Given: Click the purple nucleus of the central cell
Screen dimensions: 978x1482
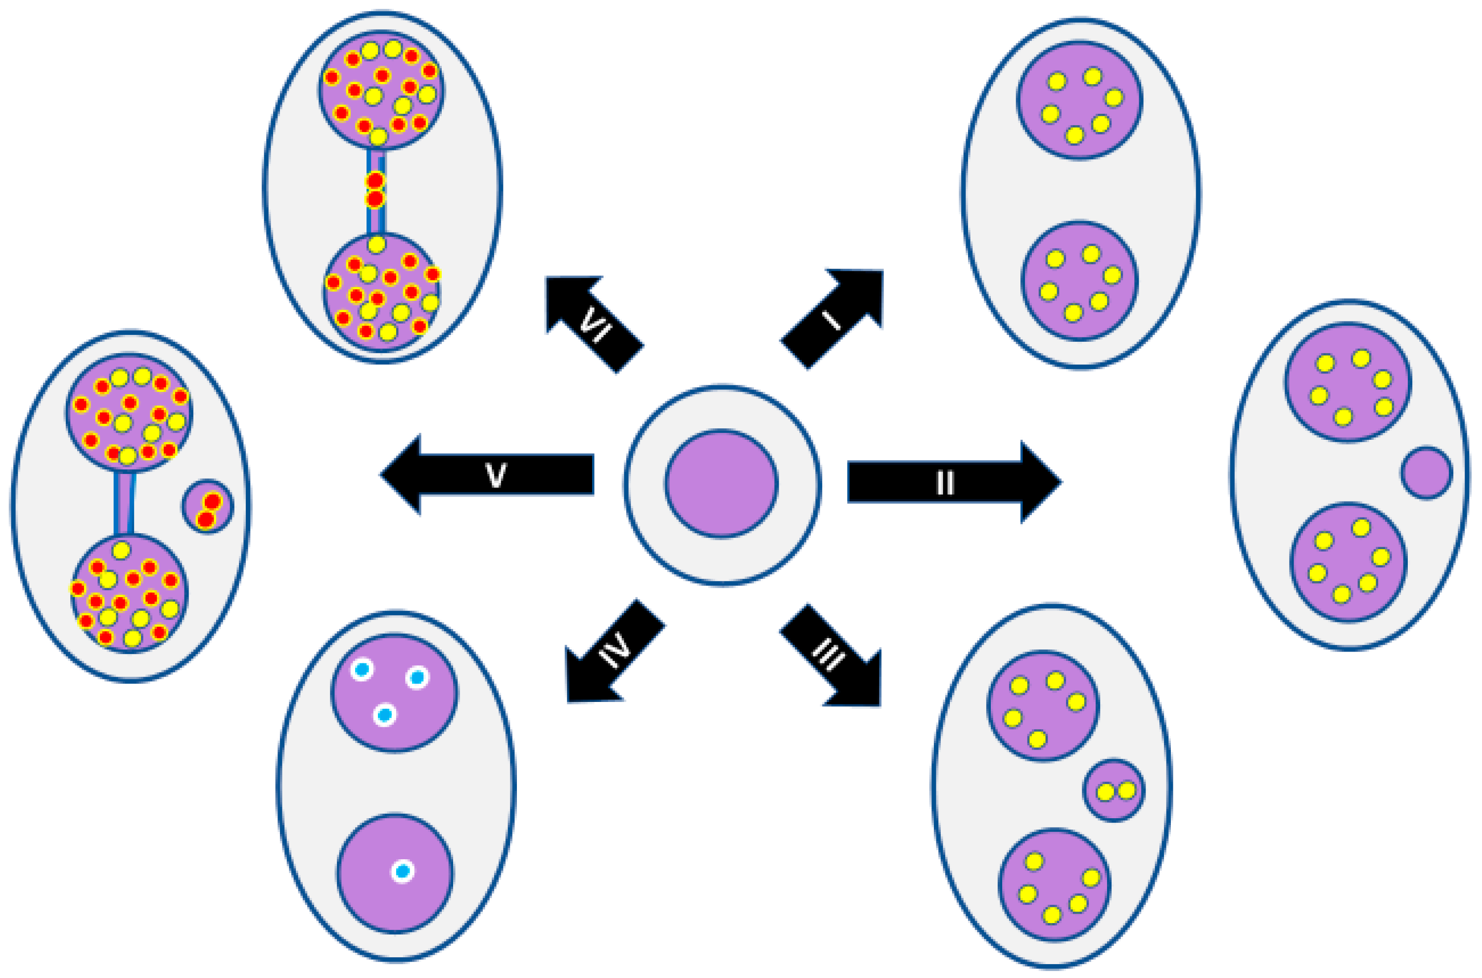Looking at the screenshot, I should pyautogui.click(x=722, y=483).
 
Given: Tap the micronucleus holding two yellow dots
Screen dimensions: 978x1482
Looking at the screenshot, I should pyautogui.click(x=1114, y=790).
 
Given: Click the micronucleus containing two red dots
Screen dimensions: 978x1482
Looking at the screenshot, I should pyautogui.click(x=208, y=507).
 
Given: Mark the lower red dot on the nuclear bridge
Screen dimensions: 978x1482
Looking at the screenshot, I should pyautogui.click(x=375, y=199).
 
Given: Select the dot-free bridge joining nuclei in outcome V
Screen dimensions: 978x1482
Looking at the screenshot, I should pyautogui.click(x=124, y=503).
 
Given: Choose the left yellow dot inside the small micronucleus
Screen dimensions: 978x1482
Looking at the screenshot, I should pyautogui.click(x=1105, y=792).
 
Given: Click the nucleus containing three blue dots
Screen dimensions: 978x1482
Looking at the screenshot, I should pyautogui.click(x=394, y=693).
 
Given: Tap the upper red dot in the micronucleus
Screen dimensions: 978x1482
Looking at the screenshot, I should pyautogui.click(x=212, y=501).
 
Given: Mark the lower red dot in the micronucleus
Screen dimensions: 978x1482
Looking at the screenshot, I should pyautogui.click(x=205, y=519).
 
